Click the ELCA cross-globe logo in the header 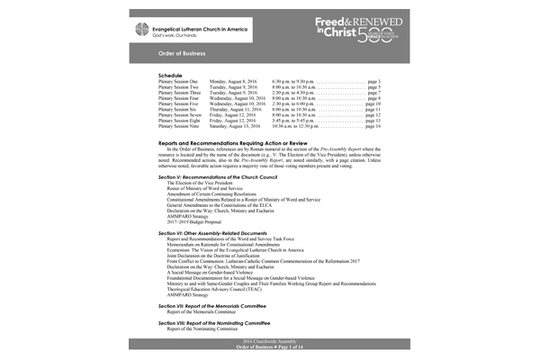[x=166, y=28]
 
